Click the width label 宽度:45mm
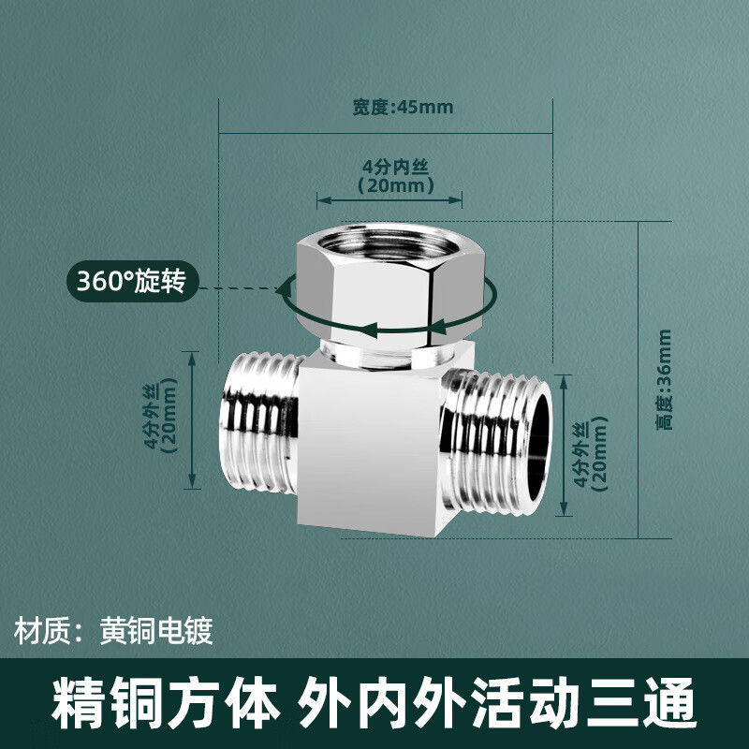point(403,107)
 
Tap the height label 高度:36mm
point(664,380)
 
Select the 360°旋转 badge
point(132,281)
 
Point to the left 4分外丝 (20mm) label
point(161,416)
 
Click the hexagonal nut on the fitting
point(390,286)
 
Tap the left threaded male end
point(260,423)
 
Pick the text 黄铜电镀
point(156,631)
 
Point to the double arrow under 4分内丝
point(389,200)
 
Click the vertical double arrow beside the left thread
point(192,420)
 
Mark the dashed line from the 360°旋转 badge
point(239,288)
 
